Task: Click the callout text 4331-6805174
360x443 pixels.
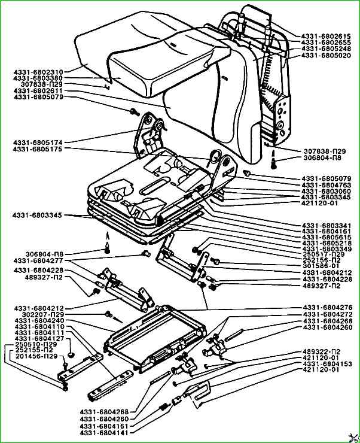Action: coord(38,142)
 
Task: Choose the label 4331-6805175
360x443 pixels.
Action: coord(38,149)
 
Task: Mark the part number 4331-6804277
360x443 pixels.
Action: coord(38,260)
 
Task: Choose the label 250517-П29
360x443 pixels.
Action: coord(322,254)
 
